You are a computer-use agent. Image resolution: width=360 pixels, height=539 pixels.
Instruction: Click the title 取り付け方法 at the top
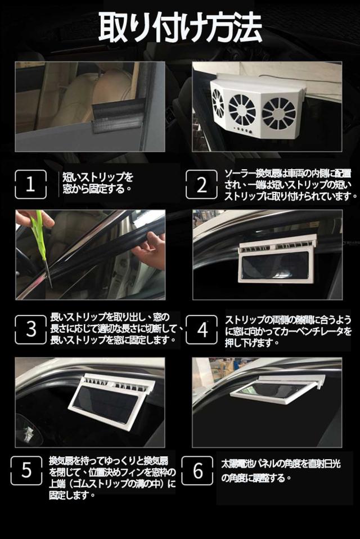point(180,27)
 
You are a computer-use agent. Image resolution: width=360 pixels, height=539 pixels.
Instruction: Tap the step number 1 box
point(30,184)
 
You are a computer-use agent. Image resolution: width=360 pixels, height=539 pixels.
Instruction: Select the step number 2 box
point(201,184)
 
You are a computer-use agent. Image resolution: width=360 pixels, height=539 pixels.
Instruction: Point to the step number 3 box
point(30,329)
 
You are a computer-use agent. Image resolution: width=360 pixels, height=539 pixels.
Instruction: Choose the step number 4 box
point(202,329)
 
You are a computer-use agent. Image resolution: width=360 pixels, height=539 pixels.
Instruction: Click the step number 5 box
point(26,470)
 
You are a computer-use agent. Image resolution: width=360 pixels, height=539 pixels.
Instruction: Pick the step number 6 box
point(197,470)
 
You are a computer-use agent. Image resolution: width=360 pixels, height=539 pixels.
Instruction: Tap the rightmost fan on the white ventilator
point(279,112)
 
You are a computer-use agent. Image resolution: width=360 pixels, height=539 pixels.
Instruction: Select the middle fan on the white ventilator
point(242,110)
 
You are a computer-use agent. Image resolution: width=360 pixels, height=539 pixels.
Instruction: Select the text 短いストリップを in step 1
point(98,178)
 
